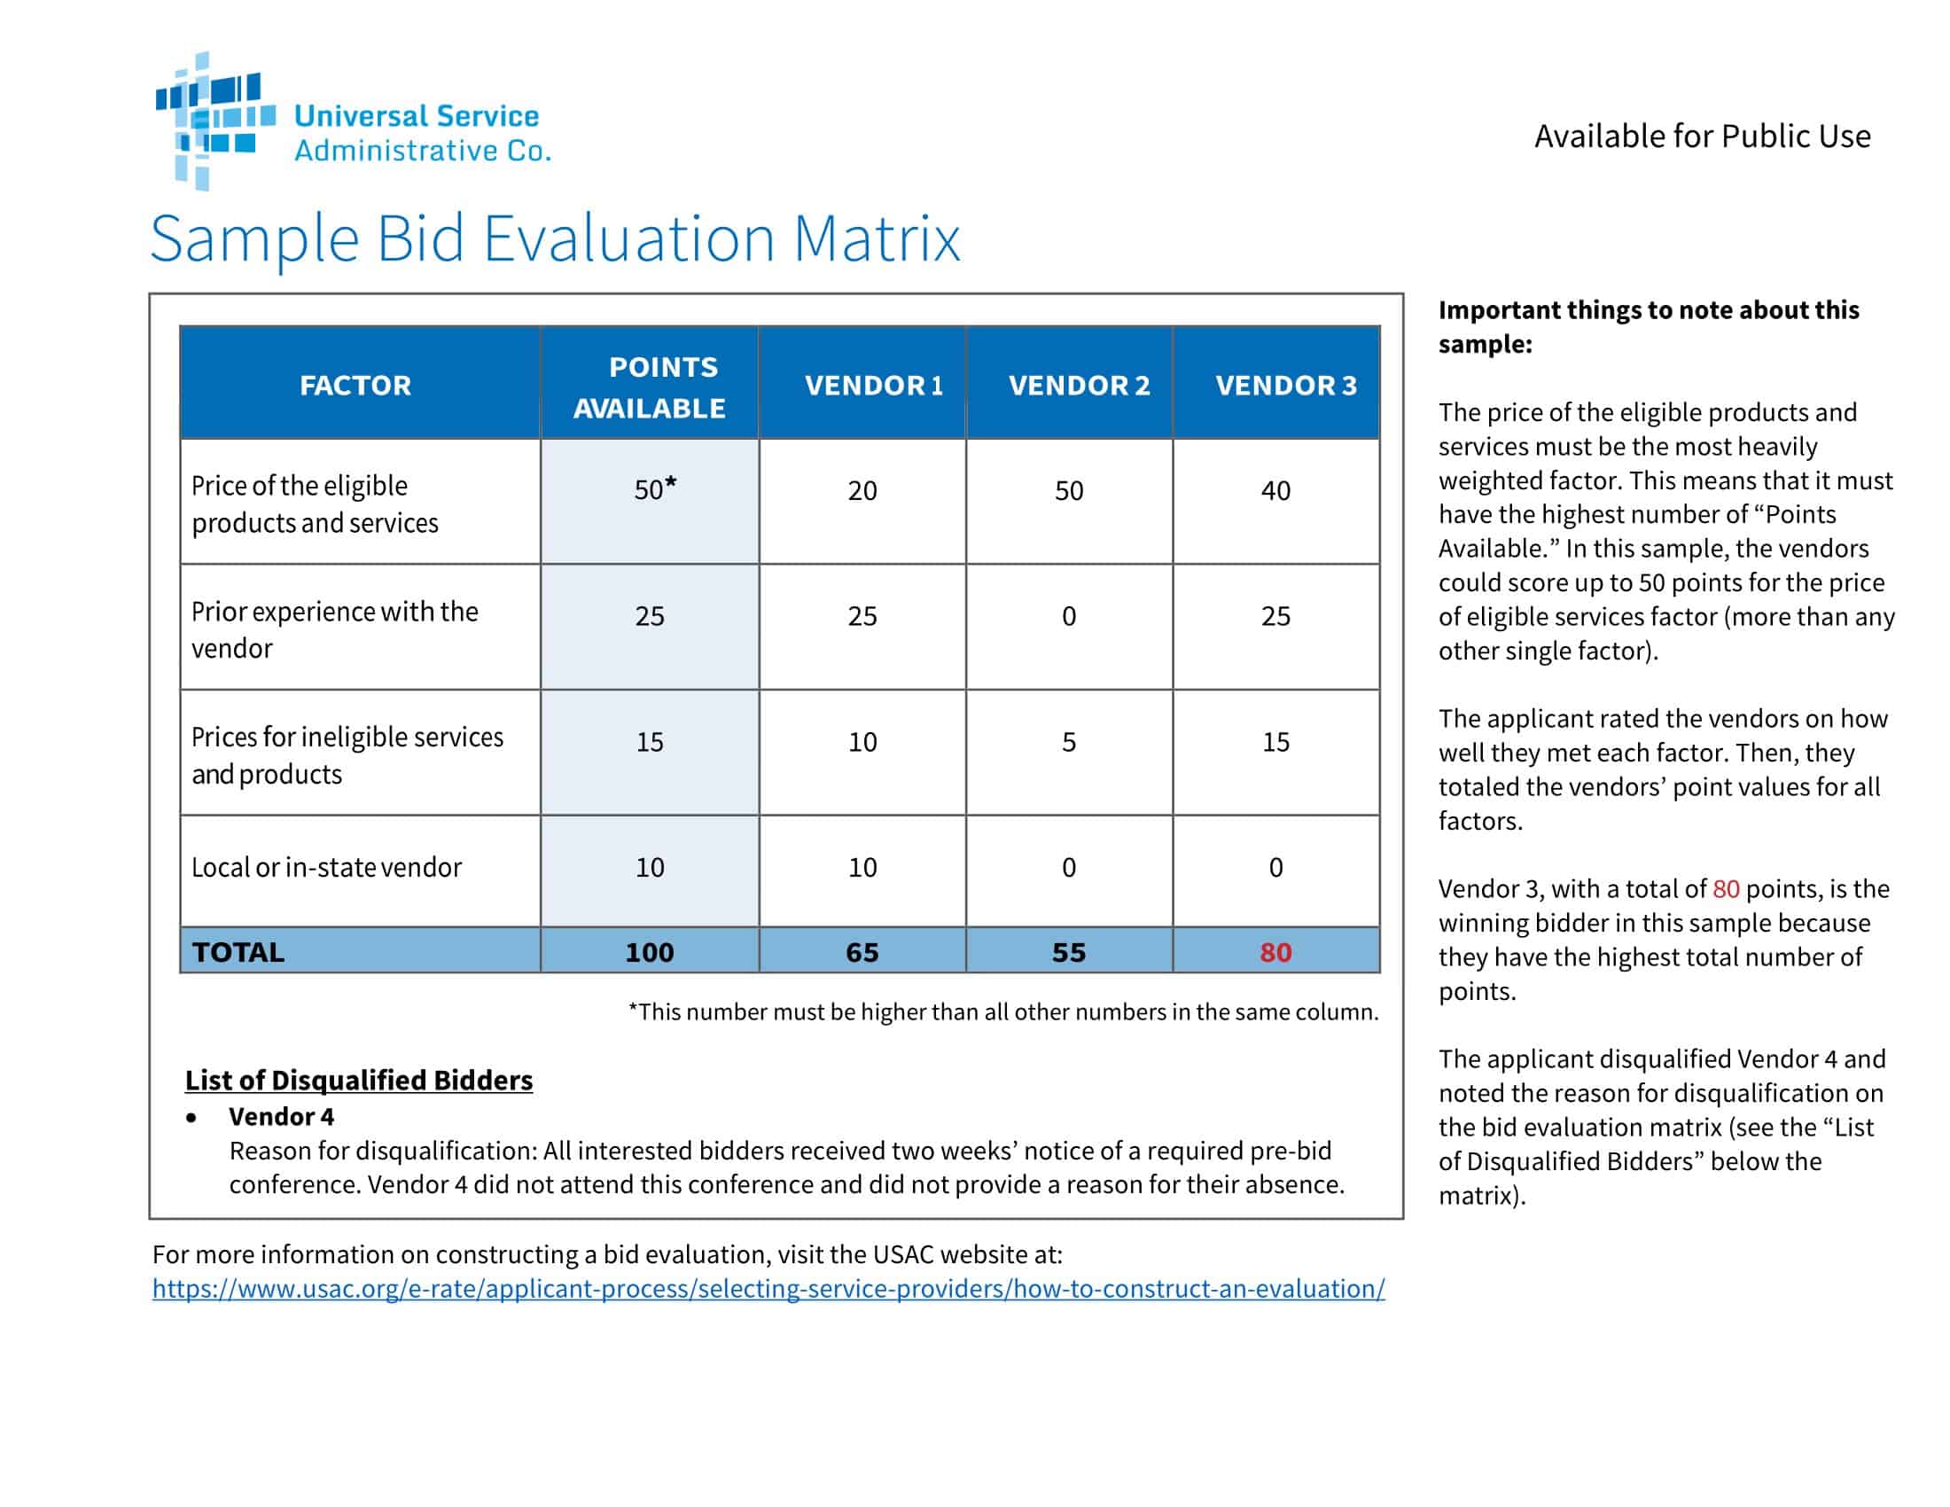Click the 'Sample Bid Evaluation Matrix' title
point(555,239)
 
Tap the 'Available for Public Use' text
point(1702,137)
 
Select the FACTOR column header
point(355,386)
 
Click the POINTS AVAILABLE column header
point(650,387)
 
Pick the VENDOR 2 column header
point(1079,386)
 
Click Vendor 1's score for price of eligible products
point(862,491)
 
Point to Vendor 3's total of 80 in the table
point(1275,953)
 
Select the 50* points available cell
point(653,490)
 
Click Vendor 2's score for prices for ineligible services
point(1069,743)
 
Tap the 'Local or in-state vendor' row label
point(326,868)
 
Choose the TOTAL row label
point(238,953)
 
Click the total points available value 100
point(649,953)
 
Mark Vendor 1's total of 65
point(862,953)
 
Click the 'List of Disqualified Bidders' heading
point(359,1081)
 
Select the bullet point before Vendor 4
point(191,1118)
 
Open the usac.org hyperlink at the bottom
point(768,1289)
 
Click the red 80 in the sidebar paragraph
point(1725,889)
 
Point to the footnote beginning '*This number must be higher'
point(1002,1012)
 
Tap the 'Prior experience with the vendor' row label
point(334,630)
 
